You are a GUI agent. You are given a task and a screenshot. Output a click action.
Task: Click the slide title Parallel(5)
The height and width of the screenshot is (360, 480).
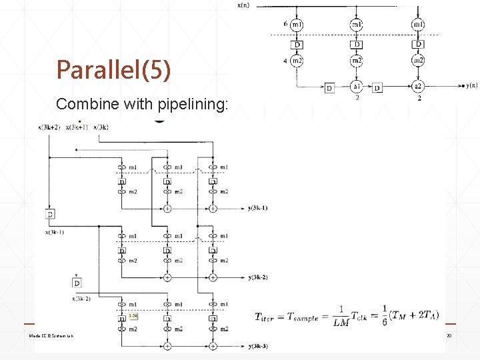tap(114, 69)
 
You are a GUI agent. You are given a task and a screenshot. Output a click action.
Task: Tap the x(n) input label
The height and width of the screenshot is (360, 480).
tap(244, 5)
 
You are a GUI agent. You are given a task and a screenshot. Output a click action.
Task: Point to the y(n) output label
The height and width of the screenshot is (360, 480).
tap(471, 85)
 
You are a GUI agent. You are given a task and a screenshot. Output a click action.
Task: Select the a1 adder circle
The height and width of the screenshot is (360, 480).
tap(357, 87)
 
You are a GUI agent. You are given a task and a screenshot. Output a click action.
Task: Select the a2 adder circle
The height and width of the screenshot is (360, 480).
tap(418, 87)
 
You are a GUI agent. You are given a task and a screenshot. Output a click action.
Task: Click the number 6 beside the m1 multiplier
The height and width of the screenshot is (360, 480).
tap(285, 23)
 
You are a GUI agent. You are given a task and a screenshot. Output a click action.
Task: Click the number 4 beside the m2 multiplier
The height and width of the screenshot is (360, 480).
tap(285, 61)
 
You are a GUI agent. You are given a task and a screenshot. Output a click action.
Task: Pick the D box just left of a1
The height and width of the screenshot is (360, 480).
tap(329, 87)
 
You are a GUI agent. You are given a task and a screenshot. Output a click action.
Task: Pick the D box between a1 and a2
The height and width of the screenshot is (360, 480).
tap(378, 87)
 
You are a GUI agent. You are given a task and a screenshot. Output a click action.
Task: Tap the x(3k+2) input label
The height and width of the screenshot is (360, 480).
tap(49, 127)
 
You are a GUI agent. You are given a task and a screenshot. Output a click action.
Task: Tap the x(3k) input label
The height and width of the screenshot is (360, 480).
tap(101, 127)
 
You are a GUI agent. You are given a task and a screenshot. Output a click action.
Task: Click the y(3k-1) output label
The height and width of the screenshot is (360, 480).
tap(257, 208)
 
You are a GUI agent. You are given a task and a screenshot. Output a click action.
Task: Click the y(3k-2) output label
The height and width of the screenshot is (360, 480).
tap(257, 277)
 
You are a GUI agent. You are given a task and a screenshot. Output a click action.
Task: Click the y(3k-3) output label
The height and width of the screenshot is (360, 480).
tap(257, 346)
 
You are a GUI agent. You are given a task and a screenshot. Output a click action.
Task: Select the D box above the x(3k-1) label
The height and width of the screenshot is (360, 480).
tap(50, 214)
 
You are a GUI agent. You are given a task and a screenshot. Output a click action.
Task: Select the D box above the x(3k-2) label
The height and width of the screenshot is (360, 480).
tap(77, 283)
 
